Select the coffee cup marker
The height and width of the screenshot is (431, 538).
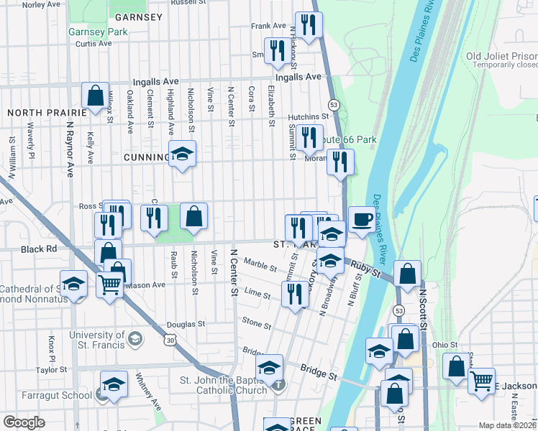(x=362, y=219)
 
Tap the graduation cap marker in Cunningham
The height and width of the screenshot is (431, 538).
(x=182, y=154)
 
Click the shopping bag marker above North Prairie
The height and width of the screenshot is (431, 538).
(x=95, y=96)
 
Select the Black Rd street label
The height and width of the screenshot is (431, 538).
(x=39, y=248)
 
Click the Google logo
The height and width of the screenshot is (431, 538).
(x=24, y=422)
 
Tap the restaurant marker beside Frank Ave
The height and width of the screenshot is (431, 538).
(x=309, y=26)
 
